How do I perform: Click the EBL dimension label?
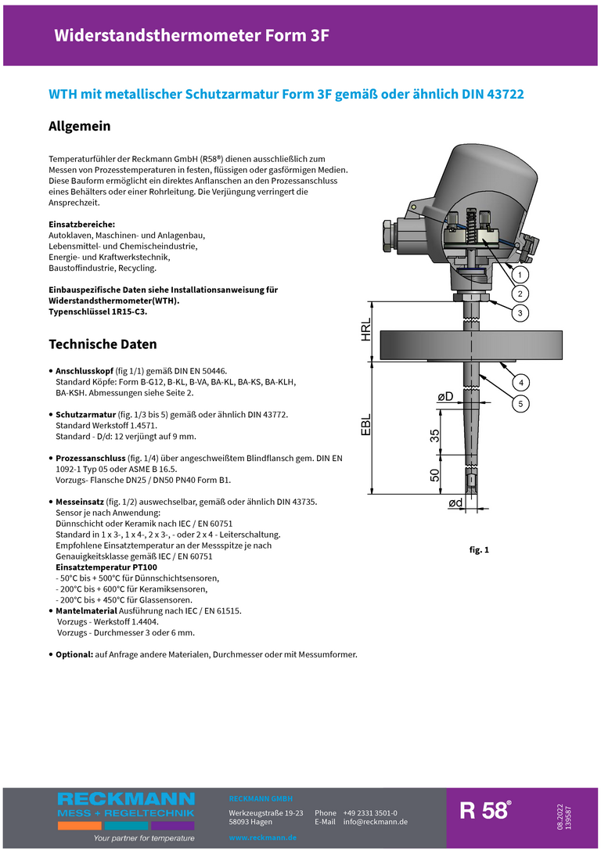click(x=366, y=423)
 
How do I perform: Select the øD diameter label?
click(x=445, y=398)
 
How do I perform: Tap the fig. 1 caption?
click(x=479, y=550)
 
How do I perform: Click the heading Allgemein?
click(x=80, y=126)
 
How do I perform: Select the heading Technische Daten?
click(x=103, y=344)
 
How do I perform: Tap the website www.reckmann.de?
click(x=262, y=837)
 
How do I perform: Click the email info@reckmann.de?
click(x=376, y=822)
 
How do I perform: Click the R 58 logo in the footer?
click(x=486, y=811)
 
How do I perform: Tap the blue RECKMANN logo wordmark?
click(x=126, y=799)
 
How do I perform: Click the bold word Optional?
click(x=74, y=654)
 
